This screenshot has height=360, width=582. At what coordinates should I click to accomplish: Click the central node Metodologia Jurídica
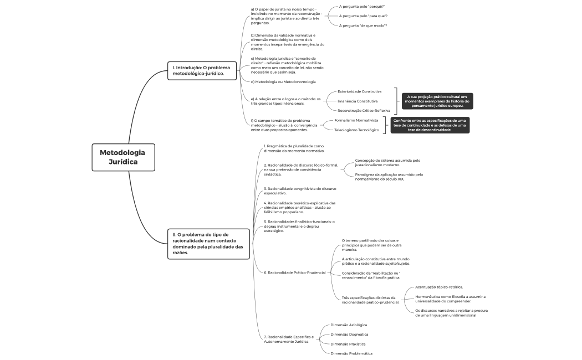pyautogui.click(x=123, y=157)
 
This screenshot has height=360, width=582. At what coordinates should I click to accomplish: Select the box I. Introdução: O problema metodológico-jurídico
pyautogui.click(x=202, y=70)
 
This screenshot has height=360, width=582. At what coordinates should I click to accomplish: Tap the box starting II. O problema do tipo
pyautogui.click(x=208, y=244)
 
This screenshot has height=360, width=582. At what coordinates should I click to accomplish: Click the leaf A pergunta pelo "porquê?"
pyautogui.click(x=362, y=7)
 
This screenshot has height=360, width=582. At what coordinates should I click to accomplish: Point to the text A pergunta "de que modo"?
pyautogui.click(x=363, y=25)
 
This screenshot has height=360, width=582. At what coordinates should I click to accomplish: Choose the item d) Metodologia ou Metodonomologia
pyautogui.click(x=283, y=81)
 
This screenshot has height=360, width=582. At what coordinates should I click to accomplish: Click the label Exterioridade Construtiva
pyautogui.click(x=359, y=91)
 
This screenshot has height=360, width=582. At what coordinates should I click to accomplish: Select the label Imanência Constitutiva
pyautogui.click(x=358, y=101)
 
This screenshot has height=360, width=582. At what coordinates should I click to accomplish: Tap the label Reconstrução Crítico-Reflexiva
pyautogui.click(x=364, y=110)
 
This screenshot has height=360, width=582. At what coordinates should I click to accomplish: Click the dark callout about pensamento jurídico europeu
pyautogui.click(x=437, y=101)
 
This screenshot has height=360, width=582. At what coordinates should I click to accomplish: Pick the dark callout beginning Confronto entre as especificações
pyautogui.click(x=430, y=125)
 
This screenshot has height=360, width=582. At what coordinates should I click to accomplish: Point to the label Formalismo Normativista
pyautogui.click(x=356, y=120)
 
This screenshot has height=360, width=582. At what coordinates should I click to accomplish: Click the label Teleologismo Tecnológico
pyautogui.click(x=356, y=130)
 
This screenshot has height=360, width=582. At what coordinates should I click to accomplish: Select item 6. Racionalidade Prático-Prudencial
pyautogui.click(x=295, y=272)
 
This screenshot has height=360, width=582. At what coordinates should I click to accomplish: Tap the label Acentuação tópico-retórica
pyautogui.click(x=439, y=287)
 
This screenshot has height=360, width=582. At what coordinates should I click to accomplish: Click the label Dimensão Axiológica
pyautogui.click(x=349, y=325)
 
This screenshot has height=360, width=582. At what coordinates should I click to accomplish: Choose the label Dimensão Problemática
pyautogui.click(x=351, y=353)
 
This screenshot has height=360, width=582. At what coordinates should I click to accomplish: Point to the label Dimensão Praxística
pyautogui.click(x=348, y=344)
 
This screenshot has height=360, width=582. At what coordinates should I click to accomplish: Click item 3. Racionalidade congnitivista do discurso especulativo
pyautogui.click(x=300, y=191)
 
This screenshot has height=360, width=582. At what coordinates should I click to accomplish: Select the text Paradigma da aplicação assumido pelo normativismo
pyautogui.click(x=389, y=177)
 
